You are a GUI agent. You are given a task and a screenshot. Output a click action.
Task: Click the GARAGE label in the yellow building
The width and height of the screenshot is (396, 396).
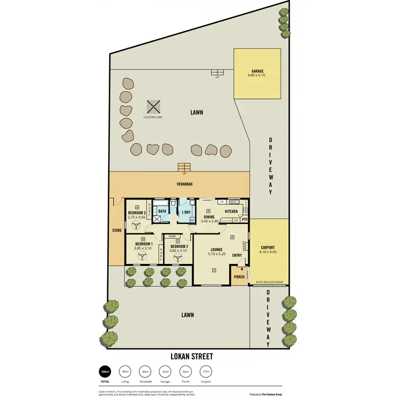coord(257,71)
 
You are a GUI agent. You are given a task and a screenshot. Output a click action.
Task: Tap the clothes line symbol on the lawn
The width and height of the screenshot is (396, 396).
coord(153,107)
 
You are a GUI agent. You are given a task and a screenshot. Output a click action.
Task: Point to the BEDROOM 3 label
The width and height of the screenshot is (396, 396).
coord(137,212)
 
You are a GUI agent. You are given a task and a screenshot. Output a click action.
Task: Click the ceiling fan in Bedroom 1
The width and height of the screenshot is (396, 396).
coord(142,256)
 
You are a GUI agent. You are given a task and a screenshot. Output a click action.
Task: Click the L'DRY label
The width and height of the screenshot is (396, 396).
coord(185,212)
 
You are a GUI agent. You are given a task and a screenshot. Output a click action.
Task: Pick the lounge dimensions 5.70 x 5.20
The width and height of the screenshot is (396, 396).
coord(216,254)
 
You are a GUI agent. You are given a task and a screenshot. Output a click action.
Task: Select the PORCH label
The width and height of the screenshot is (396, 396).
coord(239,276)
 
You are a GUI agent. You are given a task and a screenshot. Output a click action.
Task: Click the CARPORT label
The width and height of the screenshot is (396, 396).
coord(268,247)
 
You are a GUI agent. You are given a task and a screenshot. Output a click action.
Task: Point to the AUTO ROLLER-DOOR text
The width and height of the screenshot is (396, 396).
coord(269,282)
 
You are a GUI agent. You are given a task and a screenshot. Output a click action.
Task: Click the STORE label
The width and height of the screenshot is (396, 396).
coord(117,230)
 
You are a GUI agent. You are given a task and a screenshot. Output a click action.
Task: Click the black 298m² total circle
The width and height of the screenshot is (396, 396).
coord(106,372)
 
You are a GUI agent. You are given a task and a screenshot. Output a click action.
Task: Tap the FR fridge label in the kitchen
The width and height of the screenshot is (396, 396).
coord(222,202)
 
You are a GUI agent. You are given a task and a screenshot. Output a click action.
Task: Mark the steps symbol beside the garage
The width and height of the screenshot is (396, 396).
coord(216,72)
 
